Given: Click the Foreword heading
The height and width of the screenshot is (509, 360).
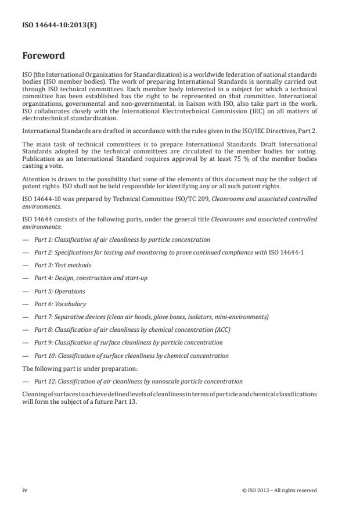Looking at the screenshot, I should [44, 56].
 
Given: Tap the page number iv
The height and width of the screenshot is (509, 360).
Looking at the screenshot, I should [25, 490].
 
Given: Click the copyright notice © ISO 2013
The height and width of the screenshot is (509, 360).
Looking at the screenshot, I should [279, 490].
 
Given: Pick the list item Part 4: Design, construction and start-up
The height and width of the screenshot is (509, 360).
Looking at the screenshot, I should [91, 278].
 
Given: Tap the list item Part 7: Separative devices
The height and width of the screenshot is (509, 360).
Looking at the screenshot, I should [151, 317].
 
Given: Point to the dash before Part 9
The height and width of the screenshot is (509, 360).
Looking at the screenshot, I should [25, 343].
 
